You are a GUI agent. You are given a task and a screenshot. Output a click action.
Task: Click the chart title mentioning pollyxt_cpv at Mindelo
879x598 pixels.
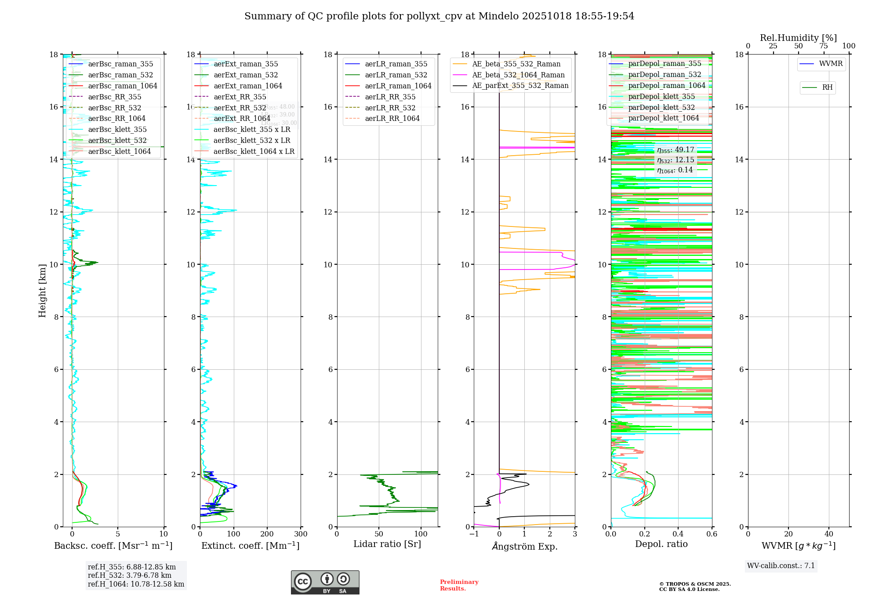point(439,16)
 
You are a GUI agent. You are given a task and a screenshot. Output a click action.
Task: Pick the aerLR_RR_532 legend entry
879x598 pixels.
point(390,108)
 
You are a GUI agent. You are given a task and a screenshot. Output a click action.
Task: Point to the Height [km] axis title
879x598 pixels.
point(42,290)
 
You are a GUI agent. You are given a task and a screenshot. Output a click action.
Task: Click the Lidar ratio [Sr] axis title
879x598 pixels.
point(387,544)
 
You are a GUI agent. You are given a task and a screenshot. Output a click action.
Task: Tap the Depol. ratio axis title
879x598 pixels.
point(661,544)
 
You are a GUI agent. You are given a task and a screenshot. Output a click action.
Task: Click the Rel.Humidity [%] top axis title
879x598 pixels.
point(798,38)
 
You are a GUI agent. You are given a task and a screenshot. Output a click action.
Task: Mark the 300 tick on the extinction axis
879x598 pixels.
point(301,534)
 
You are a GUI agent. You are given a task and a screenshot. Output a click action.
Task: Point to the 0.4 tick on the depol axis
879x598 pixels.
point(678,534)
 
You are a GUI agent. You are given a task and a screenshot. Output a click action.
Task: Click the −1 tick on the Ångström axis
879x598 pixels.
point(474,534)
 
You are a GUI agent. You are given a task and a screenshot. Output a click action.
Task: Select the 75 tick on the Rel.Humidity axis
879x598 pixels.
point(823,46)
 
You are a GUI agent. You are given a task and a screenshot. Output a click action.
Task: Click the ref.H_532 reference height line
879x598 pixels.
point(130,575)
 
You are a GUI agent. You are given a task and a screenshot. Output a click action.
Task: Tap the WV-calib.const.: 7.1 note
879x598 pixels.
point(781,566)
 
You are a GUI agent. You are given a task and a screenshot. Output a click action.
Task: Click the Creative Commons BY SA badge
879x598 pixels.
point(325,583)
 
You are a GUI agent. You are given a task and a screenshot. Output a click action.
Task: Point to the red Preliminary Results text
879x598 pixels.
point(459,585)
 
